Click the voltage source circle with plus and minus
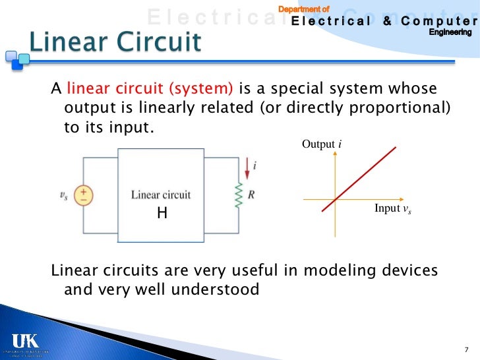(x=85, y=195)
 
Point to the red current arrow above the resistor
(x=247, y=168)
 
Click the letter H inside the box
(x=161, y=214)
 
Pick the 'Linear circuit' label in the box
(x=161, y=195)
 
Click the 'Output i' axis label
(x=321, y=144)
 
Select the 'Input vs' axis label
(x=397, y=209)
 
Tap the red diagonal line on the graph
(x=359, y=179)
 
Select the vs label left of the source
(x=63, y=195)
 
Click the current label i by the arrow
(x=255, y=167)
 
